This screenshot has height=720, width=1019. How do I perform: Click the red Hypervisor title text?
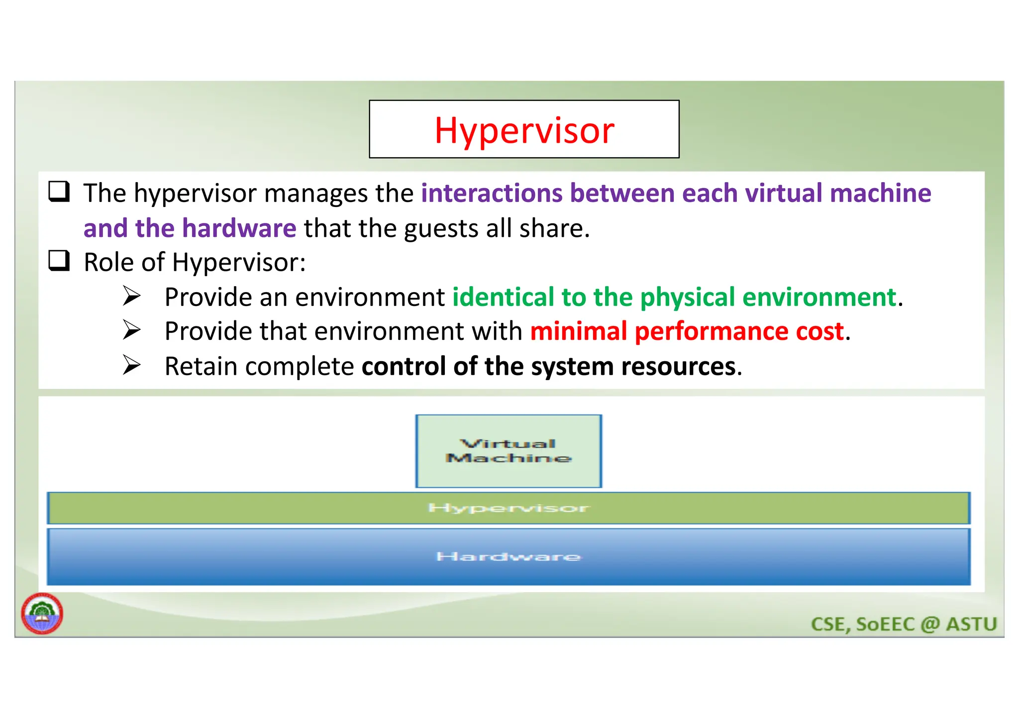[x=524, y=131]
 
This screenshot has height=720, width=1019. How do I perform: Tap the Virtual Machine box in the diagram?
[x=509, y=451]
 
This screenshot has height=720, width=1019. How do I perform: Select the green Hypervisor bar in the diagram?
[x=509, y=508]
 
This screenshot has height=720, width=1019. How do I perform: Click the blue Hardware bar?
[x=509, y=556]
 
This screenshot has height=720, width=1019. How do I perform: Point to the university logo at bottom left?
[x=42, y=614]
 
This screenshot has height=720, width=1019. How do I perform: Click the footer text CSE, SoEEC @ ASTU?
[x=904, y=624]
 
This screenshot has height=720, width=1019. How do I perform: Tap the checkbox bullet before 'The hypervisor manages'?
[x=59, y=192]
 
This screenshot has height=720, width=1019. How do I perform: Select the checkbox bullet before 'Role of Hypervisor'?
[x=59, y=261]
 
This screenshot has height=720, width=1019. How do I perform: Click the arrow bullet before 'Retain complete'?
[x=132, y=365]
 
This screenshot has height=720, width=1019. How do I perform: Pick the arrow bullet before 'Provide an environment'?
[x=132, y=296]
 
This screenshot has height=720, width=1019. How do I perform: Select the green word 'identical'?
[x=503, y=297]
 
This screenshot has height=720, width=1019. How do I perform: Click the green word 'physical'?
[x=687, y=298]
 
